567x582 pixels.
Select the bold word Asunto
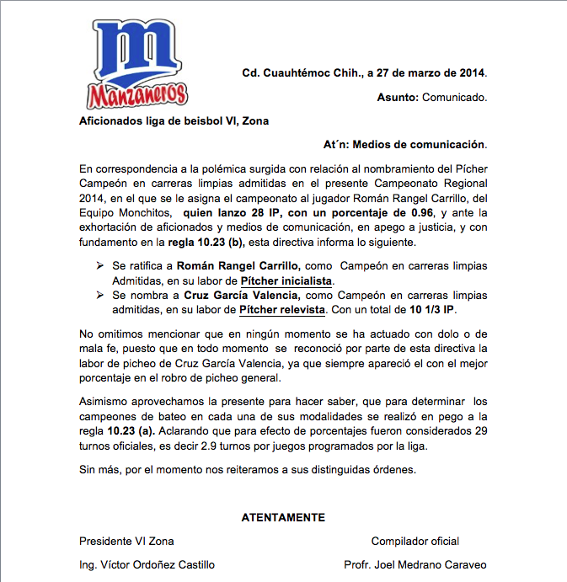397,98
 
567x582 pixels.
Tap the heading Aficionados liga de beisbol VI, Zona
174,121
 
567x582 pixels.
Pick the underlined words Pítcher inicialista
286,280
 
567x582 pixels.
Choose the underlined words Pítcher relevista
282,311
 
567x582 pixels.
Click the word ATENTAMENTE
283,517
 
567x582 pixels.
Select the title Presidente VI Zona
126,541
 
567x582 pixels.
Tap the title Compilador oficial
415,541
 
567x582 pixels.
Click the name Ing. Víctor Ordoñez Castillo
147,564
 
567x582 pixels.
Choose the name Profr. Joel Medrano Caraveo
415,564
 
